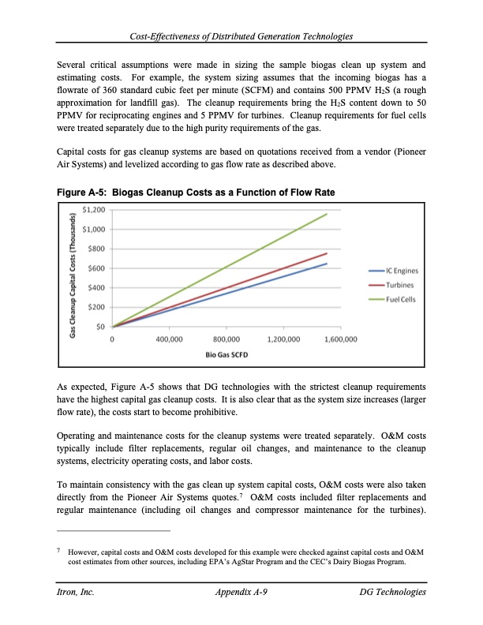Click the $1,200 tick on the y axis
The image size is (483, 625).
[95, 211]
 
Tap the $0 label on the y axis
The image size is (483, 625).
[102, 326]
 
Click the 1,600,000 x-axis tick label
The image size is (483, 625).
[319, 339]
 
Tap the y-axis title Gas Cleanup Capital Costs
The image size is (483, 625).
[73, 268]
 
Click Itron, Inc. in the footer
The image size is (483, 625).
[77, 593]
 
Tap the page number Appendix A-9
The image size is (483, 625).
[241, 593]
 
